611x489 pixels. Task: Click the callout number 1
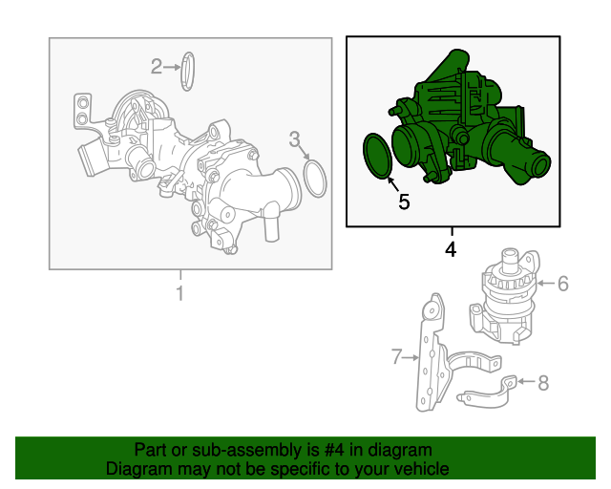180,293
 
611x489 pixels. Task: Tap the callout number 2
157,67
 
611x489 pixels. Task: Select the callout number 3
295,139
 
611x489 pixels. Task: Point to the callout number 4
451,249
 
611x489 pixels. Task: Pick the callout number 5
404,202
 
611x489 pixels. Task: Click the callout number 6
563,284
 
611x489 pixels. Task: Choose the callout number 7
397,357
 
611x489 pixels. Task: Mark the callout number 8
543,383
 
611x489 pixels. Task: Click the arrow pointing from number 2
172,67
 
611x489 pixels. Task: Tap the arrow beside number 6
546,283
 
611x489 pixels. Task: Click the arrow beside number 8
526,381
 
